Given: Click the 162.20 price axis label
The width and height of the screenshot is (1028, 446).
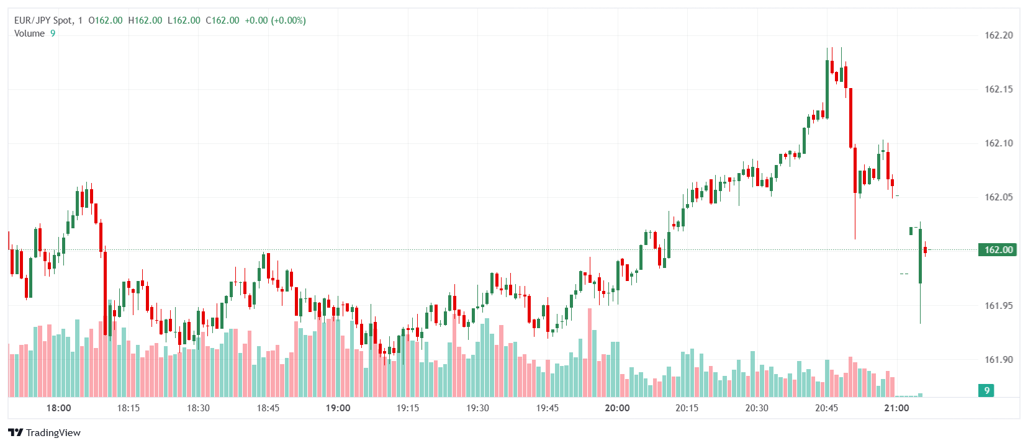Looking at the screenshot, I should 998,35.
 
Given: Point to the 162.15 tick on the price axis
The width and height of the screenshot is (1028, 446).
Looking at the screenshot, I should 998,89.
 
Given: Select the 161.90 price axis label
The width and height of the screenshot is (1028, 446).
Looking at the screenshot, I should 998,360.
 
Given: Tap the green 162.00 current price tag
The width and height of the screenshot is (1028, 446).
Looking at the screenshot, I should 998,250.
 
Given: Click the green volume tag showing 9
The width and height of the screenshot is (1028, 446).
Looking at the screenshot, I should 986,390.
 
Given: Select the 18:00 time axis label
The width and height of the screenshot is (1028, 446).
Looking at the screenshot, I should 58,408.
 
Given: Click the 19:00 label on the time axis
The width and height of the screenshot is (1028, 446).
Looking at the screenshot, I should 338,408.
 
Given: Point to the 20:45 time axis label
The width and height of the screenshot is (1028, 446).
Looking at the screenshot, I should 826,408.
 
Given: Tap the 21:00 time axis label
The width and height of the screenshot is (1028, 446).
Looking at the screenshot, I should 896,408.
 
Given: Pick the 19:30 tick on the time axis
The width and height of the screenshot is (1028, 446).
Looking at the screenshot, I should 477,408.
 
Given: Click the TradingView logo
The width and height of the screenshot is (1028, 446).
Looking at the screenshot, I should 45,432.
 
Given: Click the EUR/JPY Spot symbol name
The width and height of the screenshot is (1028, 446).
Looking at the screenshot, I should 43,20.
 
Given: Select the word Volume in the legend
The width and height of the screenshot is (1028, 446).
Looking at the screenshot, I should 29,33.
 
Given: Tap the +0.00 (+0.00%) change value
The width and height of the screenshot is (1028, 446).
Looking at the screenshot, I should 275,20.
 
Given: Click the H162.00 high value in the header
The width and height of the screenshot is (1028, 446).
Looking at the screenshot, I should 145,20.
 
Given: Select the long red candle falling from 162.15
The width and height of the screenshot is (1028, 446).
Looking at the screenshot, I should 850,118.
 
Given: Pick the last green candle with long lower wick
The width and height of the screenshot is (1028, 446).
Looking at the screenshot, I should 920,256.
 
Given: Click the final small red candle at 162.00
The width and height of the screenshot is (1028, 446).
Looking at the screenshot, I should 925,250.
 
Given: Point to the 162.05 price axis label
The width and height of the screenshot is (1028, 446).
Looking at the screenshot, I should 998,197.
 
